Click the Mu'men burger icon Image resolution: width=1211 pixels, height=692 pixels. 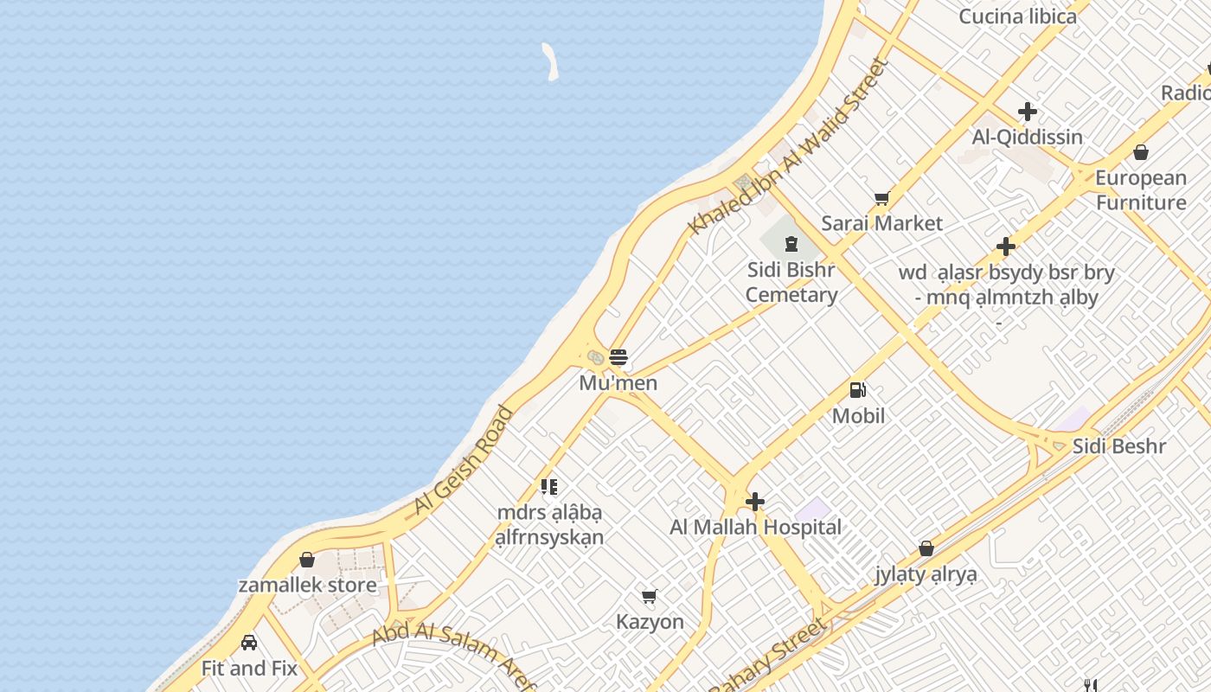click(618, 357)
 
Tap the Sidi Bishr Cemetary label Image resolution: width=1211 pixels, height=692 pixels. click(791, 282)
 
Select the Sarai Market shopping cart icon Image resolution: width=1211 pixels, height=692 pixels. click(881, 199)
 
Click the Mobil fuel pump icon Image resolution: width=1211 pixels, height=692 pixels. click(858, 391)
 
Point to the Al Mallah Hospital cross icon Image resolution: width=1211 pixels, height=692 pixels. click(755, 502)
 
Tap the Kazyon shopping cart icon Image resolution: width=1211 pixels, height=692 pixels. click(650, 596)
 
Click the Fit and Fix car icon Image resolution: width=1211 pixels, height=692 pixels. click(249, 643)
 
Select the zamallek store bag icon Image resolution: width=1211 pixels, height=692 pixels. click(307, 560)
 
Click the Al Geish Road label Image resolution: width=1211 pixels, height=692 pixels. click(463, 460)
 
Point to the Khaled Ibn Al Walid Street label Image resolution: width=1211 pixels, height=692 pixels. click(788, 146)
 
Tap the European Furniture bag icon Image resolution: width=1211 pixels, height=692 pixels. click(1141, 153)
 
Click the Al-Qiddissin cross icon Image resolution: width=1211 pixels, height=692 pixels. click(1028, 112)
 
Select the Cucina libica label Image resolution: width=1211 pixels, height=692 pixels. click(1018, 16)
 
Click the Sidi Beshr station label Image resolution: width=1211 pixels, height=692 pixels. click(1119, 446)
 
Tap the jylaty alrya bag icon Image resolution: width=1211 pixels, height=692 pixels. click(926, 548)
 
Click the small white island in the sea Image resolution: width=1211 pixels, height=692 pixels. click(550, 62)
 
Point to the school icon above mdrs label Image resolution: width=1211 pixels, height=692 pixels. click(549, 487)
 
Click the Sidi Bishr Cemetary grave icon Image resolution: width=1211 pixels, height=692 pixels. click(791, 244)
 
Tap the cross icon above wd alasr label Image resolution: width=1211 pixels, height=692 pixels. click(1005, 247)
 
